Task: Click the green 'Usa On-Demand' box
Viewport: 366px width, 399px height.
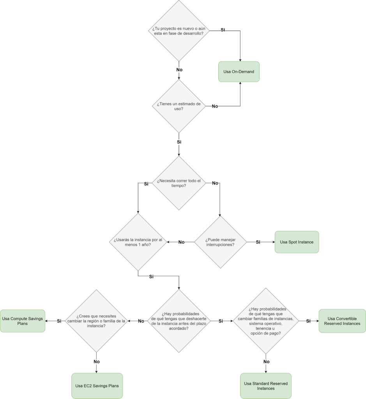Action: click(239, 72)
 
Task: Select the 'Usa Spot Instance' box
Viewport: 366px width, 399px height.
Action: click(297, 242)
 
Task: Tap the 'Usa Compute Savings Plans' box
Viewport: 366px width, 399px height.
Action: click(23, 321)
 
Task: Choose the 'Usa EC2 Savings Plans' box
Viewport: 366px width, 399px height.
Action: click(97, 386)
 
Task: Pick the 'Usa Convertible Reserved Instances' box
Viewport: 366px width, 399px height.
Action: click(342, 321)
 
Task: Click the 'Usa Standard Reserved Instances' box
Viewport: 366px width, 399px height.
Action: click(266, 386)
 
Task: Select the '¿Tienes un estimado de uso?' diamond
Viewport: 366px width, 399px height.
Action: click(179, 106)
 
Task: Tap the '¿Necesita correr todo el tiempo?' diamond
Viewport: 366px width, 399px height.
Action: click(179, 183)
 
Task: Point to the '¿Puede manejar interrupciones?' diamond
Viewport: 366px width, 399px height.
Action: click(220, 242)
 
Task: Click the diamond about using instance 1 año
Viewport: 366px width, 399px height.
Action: click(138, 242)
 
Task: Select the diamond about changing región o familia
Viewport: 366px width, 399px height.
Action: click(96, 321)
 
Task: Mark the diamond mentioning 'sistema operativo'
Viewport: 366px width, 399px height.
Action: click(266, 321)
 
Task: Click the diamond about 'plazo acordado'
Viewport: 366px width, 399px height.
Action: click(179, 321)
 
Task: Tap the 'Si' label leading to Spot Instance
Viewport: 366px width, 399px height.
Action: click(258, 242)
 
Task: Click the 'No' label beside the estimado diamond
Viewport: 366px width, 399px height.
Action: click(215, 106)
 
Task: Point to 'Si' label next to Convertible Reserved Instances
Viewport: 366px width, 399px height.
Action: click(308, 321)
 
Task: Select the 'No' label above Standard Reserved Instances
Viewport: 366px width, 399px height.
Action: click(266, 362)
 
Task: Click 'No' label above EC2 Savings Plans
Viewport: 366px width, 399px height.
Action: click(96, 362)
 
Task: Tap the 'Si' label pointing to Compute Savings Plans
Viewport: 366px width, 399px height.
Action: click(59, 321)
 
